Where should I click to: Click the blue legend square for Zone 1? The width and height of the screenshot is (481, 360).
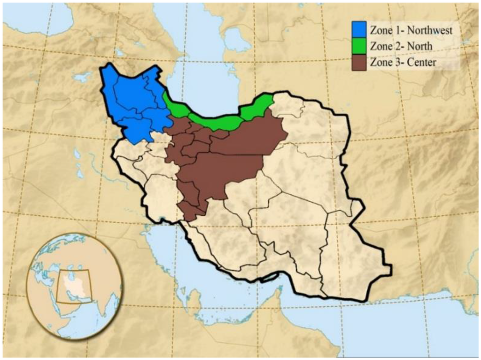(x=359, y=31)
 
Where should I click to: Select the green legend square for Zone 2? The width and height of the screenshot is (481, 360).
(x=359, y=47)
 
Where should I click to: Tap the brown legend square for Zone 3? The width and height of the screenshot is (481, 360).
(x=359, y=62)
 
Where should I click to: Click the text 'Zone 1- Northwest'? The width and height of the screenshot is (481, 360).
(x=411, y=31)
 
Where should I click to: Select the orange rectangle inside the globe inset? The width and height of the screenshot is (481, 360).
(x=73, y=286)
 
